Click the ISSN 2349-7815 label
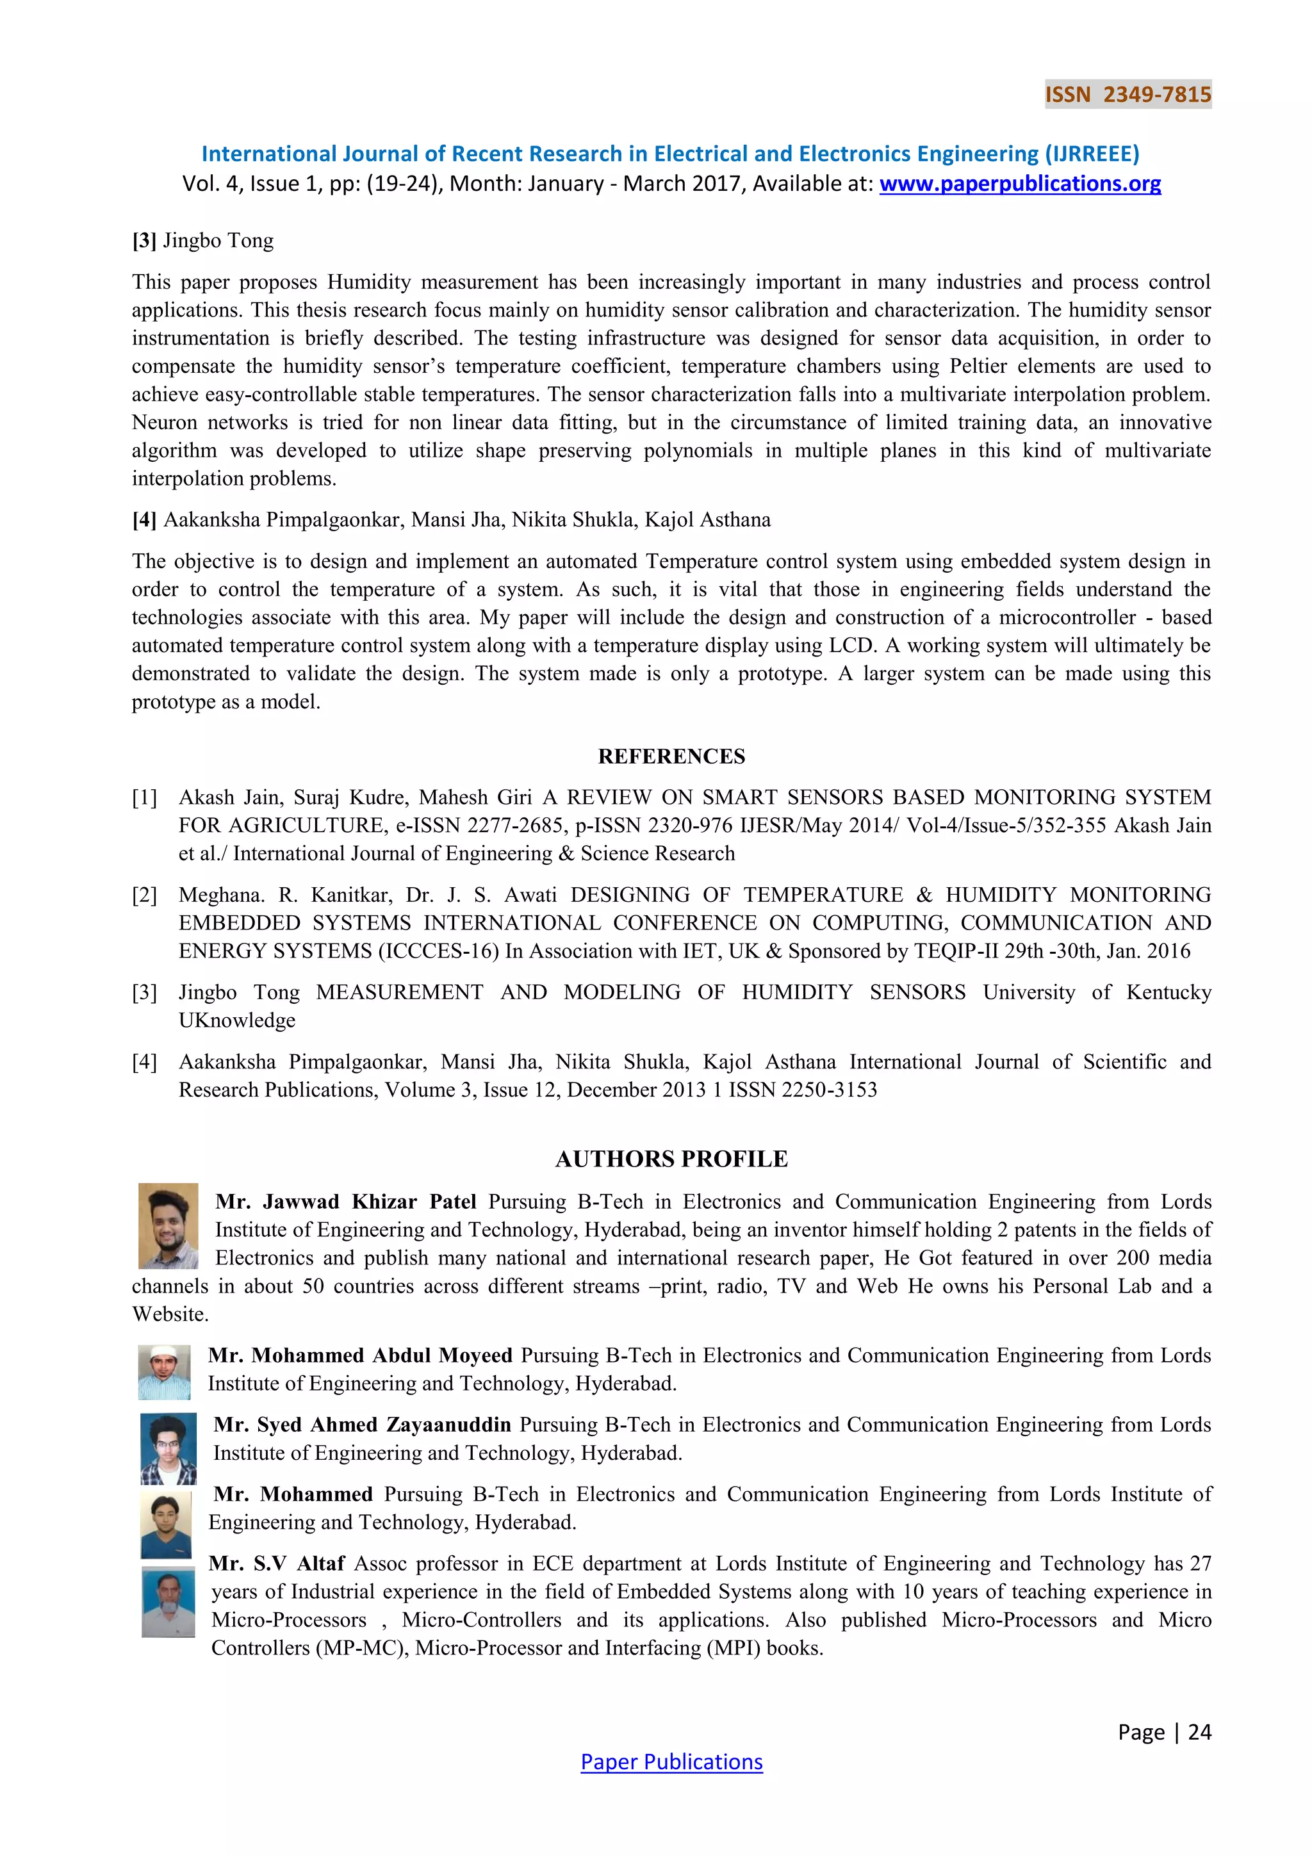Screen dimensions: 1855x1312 pos(1127,95)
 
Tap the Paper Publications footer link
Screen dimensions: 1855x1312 pos(671,1761)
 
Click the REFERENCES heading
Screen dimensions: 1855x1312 pos(671,756)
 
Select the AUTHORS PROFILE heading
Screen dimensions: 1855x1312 pos(671,1159)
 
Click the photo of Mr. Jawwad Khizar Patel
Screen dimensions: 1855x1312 pos(168,1225)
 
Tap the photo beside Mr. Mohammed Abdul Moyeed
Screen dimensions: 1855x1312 pos(164,1372)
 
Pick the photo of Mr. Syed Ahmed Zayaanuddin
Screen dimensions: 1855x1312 pos(168,1449)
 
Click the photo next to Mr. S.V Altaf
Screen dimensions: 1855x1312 pos(168,1601)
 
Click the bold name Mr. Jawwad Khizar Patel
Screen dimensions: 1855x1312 pos(346,1202)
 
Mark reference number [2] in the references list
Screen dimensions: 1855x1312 pos(145,895)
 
